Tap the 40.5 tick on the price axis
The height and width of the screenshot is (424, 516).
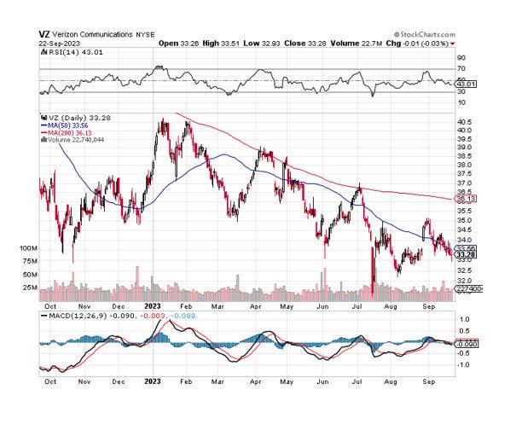(465, 122)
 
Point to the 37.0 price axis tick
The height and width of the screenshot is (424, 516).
(465, 183)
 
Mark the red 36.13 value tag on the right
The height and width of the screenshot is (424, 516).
(466, 199)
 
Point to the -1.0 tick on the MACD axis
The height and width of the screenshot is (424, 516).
(464, 364)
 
